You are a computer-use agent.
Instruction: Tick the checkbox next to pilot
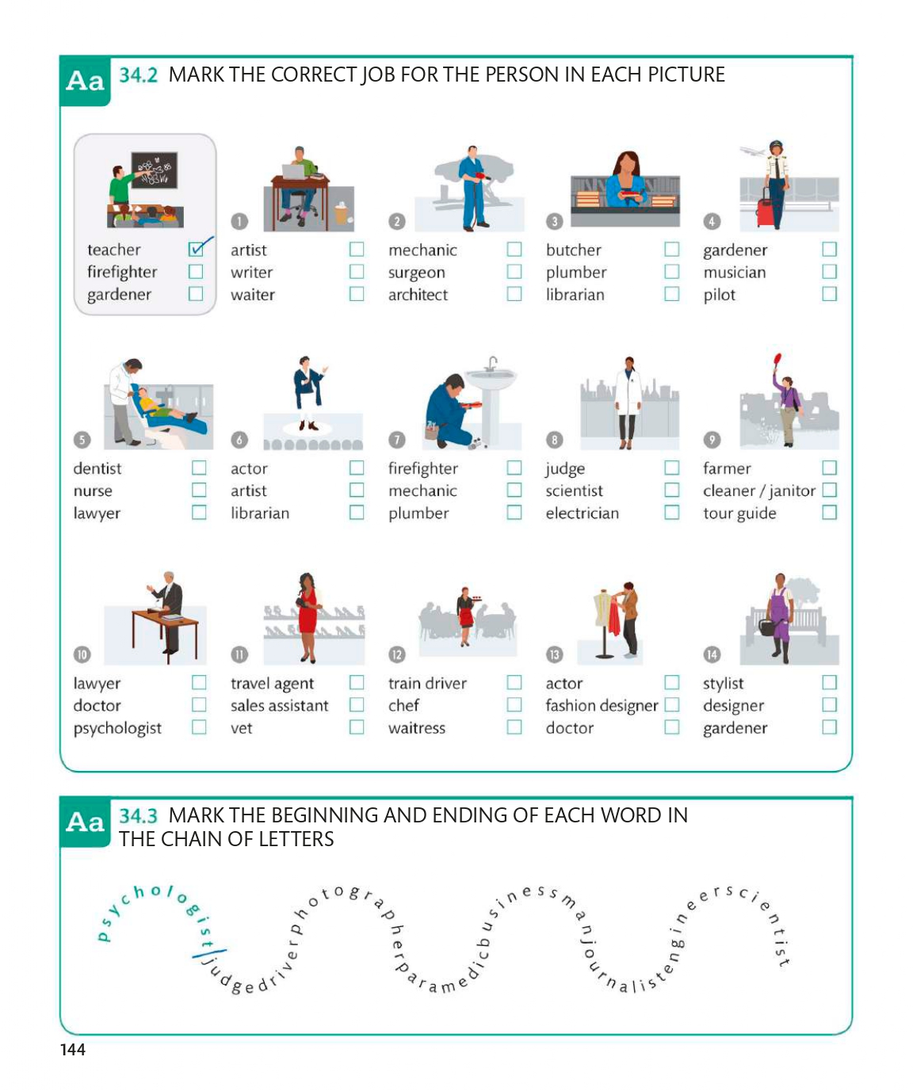[829, 294]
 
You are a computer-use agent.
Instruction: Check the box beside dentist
[199, 467]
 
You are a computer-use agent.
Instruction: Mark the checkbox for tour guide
[829, 513]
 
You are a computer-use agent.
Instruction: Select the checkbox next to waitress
[514, 727]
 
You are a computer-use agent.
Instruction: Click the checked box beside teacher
[196, 250]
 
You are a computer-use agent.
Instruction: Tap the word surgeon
[417, 273]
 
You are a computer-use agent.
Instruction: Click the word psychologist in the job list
[117, 728]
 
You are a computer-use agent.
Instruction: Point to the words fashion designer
[602, 706]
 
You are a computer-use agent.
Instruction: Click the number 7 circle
[396, 440]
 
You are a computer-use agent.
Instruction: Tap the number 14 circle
[712, 654]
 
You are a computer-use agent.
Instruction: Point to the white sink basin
[491, 378]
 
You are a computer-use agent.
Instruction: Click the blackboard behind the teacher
[155, 170]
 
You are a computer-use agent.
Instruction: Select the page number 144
[73, 1049]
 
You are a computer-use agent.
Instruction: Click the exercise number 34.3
[138, 815]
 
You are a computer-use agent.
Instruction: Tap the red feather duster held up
[777, 361]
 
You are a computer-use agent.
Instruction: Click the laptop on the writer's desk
[293, 171]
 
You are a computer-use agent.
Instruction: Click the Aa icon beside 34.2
[85, 81]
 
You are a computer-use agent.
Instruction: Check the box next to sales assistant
[357, 705]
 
